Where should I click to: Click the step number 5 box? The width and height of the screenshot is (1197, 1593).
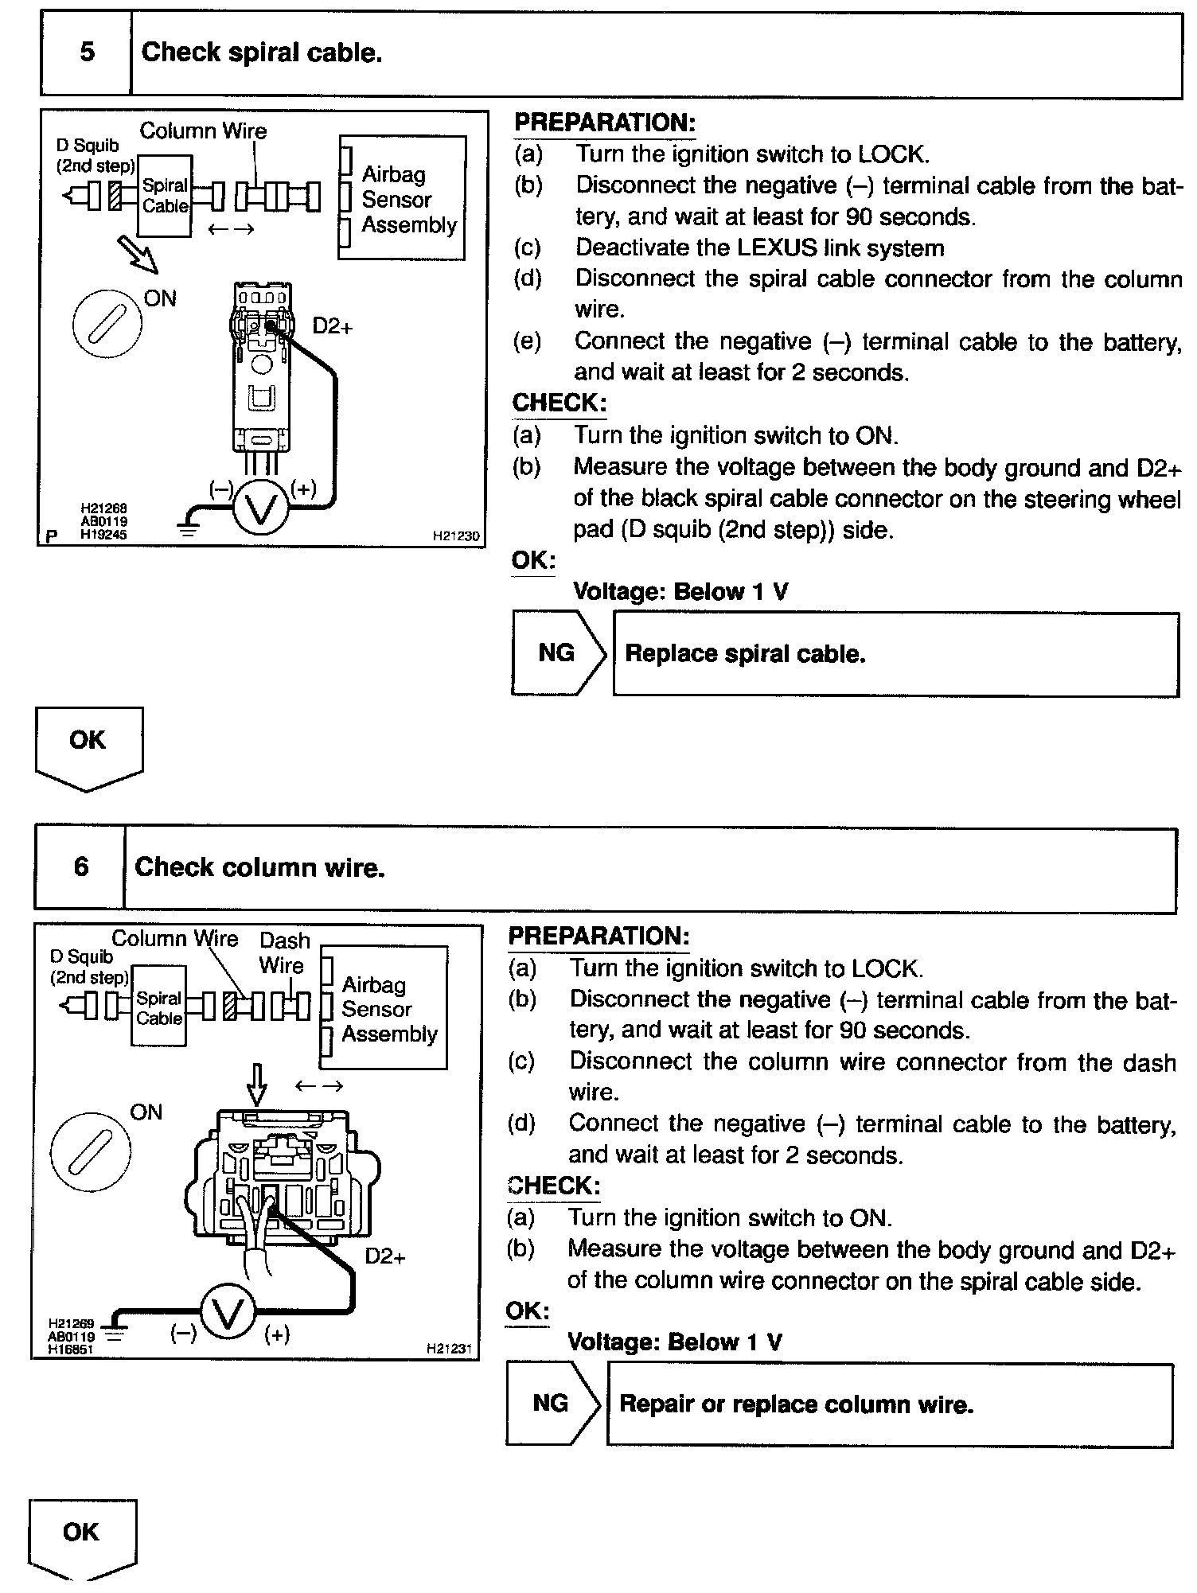tap(86, 53)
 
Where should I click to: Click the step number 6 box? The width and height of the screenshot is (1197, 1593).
tap(80, 867)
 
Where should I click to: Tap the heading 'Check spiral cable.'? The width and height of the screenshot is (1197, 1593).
tap(261, 53)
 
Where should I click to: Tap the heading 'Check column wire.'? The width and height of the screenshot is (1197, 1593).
tap(259, 867)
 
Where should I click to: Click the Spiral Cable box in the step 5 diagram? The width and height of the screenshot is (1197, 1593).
tap(165, 196)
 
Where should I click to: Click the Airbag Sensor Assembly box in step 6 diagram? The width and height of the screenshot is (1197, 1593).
tap(384, 1008)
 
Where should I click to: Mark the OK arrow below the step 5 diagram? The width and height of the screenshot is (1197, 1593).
tap(88, 747)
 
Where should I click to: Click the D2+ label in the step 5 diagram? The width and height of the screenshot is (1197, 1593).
tap(332, 326)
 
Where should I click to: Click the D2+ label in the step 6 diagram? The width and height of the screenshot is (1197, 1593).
tap(384, 1256)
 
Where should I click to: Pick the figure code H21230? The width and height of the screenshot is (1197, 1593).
tap(456, 536)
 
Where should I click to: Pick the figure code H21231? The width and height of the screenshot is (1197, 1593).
tap(450, 1348)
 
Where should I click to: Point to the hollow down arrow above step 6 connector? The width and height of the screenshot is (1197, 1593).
tap(257, 1084)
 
